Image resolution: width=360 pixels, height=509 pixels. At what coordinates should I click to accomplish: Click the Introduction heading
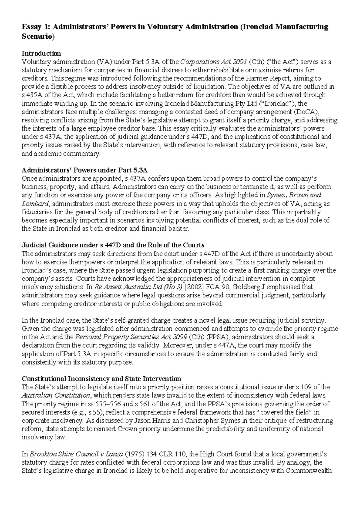tap(41, 53)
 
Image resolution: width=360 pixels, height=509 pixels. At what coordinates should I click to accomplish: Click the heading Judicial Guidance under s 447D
tap(113, 245)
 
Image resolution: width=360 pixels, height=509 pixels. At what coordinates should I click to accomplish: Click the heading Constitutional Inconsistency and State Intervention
tap(102, 378)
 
